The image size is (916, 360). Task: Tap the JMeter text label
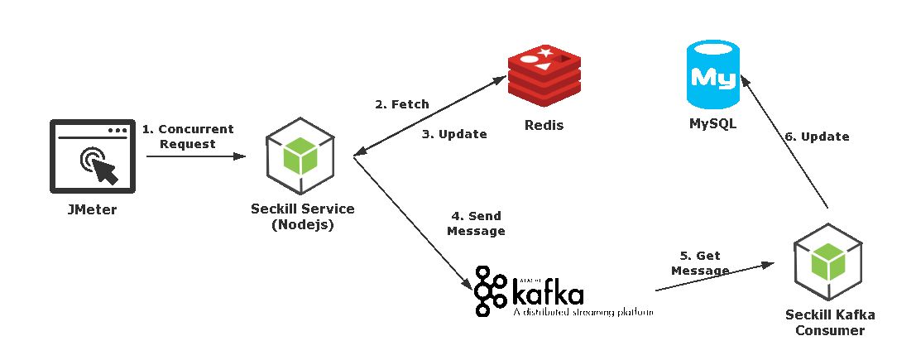coord(91,209)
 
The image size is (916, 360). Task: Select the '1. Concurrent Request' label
coord(188,137)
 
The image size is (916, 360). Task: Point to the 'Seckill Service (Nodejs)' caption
coord(303,216)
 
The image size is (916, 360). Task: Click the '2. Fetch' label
coord(402,104)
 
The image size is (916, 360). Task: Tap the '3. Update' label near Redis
coord(455,133)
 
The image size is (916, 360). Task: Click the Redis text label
coord(544,125)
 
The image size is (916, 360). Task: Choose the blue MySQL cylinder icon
coord(713,77)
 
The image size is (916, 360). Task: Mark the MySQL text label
coord(713,125)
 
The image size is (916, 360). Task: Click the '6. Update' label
coord(817,137)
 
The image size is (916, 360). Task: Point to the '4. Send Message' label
coord(476,223)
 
